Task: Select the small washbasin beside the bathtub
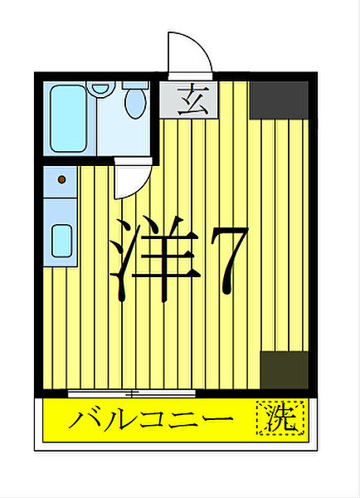(x=100, y=87)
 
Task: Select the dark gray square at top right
(x=279, y=99)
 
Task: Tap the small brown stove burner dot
(x=61, y=178)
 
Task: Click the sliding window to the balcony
(x=131, y=393)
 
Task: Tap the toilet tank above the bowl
(x=134, y=85)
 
